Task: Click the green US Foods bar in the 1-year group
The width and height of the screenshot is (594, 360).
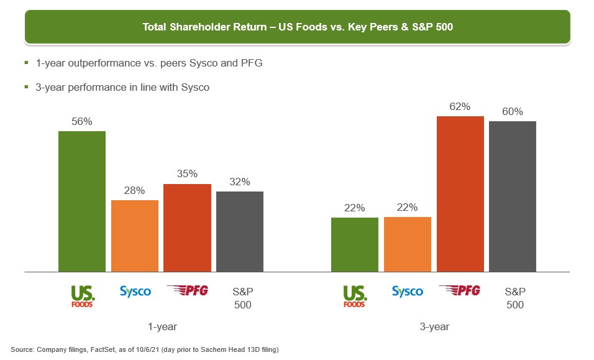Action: [82, 201]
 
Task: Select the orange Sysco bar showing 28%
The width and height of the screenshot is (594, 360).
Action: [135, 236]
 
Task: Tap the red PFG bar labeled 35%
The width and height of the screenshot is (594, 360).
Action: [187, 228]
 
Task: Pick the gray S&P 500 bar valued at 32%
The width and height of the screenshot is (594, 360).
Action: [240, 231]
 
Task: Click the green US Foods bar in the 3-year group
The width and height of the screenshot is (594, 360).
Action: [355, 244]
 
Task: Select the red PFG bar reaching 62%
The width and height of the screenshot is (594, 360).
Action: [460, 194]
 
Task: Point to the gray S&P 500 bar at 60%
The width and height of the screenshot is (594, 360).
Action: [513, 196]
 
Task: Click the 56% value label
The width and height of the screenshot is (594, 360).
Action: [82, 122]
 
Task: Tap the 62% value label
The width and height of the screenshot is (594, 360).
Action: [460, 107]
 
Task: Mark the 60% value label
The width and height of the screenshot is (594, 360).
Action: [513, 112]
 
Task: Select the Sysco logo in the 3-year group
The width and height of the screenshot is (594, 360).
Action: [408, 292]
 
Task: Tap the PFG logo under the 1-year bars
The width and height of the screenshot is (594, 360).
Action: [187, 290]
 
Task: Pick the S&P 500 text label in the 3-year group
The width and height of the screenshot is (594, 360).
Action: [514, 298]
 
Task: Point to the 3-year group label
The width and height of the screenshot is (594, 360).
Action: [434, 326]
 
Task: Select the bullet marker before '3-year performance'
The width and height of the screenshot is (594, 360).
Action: [26, 87]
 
